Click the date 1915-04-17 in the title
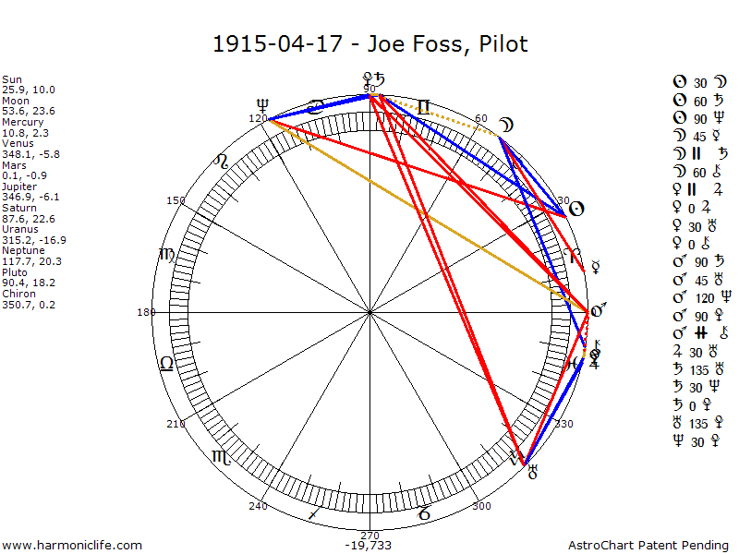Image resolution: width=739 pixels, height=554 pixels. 276,43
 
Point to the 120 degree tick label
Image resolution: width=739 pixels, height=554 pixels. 258,117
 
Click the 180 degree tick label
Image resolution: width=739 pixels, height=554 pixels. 146,312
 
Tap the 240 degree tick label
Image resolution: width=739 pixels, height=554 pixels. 258,506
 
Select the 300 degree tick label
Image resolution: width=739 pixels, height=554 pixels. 480,506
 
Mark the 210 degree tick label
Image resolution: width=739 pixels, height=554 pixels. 176,424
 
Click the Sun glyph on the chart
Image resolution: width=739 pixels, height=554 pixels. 575,209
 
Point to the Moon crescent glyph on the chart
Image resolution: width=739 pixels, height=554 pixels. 506,126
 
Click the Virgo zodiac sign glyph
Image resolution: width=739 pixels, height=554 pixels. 166,254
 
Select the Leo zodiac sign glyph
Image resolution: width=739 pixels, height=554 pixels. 166,364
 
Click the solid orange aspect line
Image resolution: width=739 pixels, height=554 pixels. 425,212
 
